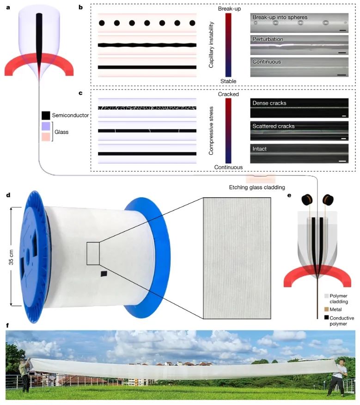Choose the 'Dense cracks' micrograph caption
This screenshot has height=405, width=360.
click(269, 103)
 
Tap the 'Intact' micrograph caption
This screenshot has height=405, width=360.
click(260, 149)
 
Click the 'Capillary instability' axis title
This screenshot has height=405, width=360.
click(211, 47)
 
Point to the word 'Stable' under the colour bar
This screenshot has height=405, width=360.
click(228, 81)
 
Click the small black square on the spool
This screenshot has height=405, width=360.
click(104, 274)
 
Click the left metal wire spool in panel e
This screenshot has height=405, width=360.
click(306, 199)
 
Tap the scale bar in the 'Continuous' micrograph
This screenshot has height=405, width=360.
click(342, 73)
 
